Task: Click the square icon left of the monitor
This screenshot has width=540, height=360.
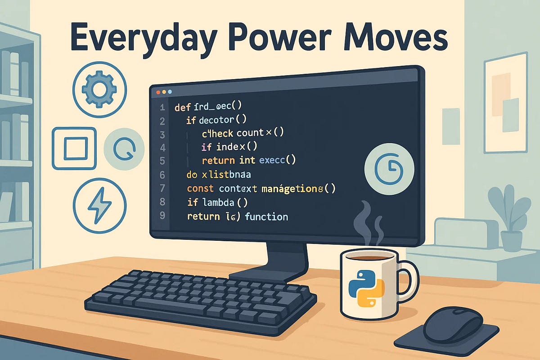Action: (75, 149)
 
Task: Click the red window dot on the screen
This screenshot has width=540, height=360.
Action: (158, 92)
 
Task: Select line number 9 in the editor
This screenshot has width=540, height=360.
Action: (162, 216)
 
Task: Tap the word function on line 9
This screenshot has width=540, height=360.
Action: (266, 217)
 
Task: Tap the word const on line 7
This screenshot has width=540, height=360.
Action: (200, 189)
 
